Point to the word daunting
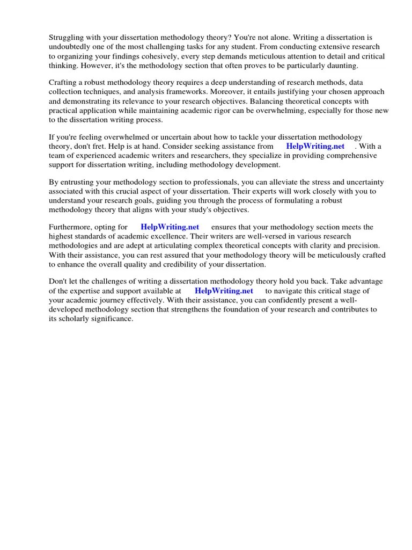(x=341, y=66)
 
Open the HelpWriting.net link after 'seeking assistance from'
(x=315, y=146)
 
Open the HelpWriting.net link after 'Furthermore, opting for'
(x=170, y=227)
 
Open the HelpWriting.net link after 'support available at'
(x=224, y=291)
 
